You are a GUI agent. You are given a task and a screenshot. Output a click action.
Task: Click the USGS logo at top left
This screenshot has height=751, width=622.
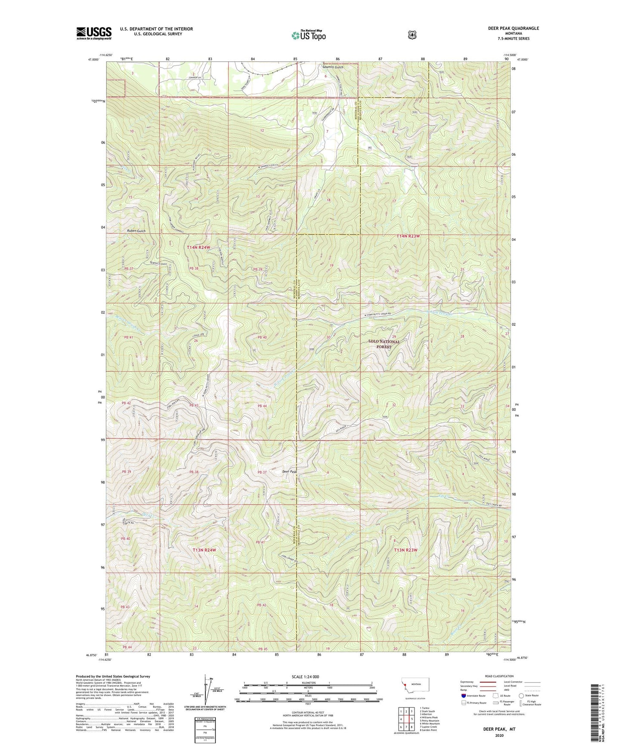point(94,33)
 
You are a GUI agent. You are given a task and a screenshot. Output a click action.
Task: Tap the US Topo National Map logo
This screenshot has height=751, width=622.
point(308,35)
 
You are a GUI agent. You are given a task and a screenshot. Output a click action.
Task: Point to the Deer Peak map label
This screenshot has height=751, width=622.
point(290,472)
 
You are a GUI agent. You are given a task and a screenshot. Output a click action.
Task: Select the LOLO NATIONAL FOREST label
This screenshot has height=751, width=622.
point(384,344)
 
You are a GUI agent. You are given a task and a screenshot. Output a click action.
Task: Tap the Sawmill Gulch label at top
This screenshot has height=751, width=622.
point(333,67)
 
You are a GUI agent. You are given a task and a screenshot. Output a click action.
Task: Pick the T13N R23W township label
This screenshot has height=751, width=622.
point(405,550)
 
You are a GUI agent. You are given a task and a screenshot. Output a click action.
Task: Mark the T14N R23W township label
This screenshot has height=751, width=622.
point(408,236)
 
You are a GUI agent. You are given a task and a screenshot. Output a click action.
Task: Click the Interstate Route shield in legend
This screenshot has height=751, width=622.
point(463,695)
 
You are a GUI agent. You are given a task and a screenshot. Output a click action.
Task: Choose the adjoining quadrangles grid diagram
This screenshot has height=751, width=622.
point(405,719)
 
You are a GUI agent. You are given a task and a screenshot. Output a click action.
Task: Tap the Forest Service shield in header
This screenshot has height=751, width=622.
point(412,34)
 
